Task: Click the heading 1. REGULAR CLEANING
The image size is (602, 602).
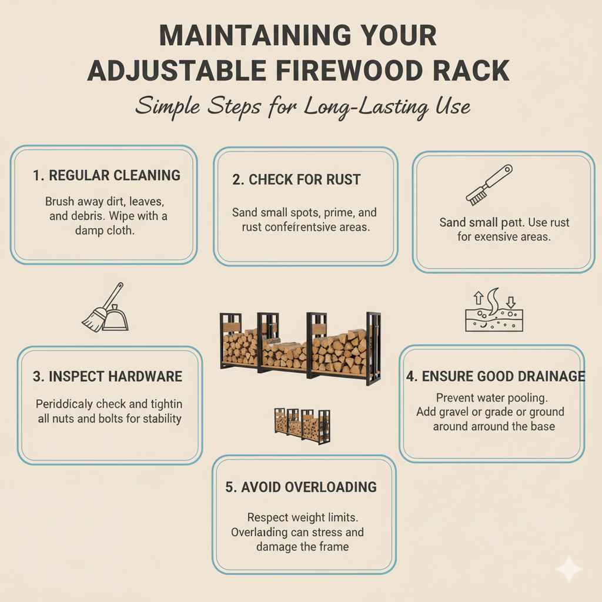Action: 106,175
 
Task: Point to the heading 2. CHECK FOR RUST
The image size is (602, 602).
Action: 296,180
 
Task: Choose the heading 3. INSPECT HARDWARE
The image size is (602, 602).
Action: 108,376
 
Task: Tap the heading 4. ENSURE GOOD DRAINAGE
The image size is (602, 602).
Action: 496,376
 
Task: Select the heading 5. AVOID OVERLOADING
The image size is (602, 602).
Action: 301,487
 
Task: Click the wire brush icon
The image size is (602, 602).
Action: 489,185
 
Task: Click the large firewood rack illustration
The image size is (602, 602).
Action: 300,347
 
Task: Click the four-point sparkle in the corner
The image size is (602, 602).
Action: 569,569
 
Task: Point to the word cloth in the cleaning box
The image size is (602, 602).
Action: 120,231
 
